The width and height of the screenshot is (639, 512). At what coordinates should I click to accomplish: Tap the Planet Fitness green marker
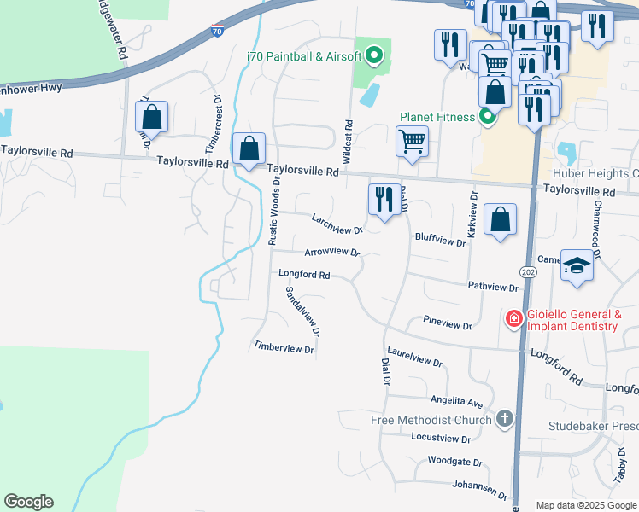pyautogui.click(x=487, y=117)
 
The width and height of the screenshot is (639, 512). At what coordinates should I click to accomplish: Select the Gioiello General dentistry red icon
pyautogui.click(x=513, y=320)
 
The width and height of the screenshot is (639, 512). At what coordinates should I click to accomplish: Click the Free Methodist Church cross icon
pyautogui.click(x=505, y=419)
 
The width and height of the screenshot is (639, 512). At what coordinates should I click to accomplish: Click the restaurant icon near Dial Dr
pyautogui.click(x=384, y=200)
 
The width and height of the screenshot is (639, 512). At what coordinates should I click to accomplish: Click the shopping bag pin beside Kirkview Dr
pyautogui.click(x=501, y=218)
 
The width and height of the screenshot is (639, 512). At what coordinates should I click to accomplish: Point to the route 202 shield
pyautogui.click(x=528, y=271)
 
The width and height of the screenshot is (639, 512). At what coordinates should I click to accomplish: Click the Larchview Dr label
pyautogui.click(x=337, y=224)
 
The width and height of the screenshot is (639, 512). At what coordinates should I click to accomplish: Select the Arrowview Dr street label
pyautogui.click(x=332, y=253)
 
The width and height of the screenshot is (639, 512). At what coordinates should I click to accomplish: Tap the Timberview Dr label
pyautogui.click(x=284, y=348)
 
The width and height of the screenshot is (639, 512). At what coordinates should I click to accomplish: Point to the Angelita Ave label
pyautogui.click(x=457, y=401)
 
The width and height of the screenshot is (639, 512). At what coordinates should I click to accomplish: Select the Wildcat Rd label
pyautogui.click(x=348, y=142)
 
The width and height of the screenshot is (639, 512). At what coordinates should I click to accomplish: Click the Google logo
pyautogui.click(x=28, y=502)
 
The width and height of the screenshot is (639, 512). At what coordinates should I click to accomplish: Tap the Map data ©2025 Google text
pyautogui.click(x=585, y=505)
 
